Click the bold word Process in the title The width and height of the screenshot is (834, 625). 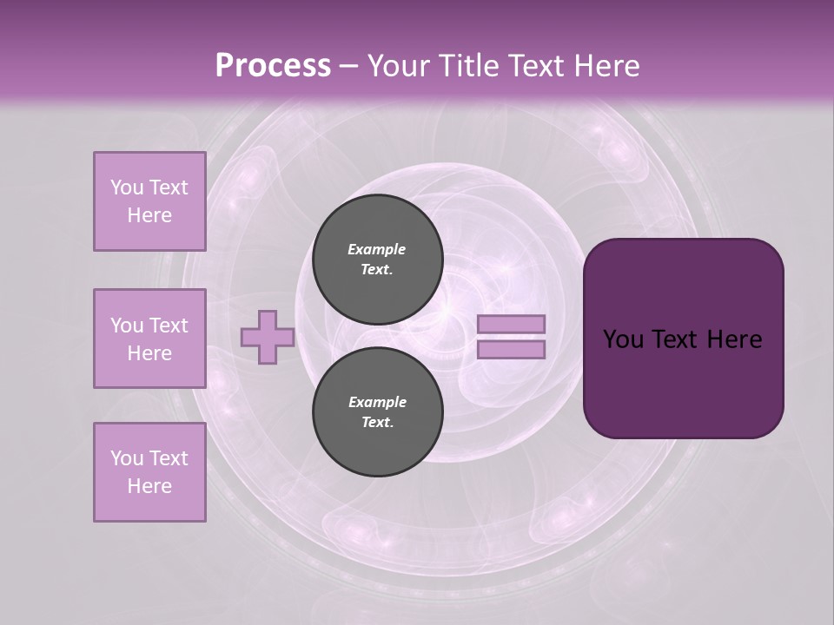273,66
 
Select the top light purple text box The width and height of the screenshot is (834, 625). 149,201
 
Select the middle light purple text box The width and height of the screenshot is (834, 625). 149,339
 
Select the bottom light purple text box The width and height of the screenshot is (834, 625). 149,472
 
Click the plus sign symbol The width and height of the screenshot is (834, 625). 268,337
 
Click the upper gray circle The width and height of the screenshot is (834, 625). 378,260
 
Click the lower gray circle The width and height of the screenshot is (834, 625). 378,412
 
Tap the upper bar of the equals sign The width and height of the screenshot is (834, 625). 511,324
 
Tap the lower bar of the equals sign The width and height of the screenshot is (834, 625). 511,350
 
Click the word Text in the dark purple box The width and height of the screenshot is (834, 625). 677,339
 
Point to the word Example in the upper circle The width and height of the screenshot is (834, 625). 376,249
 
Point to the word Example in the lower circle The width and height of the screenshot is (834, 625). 377,402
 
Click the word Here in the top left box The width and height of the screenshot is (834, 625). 149,215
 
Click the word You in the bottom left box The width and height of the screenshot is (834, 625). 127,458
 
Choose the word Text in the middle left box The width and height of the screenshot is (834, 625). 168,326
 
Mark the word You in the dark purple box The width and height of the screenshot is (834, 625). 623,339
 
